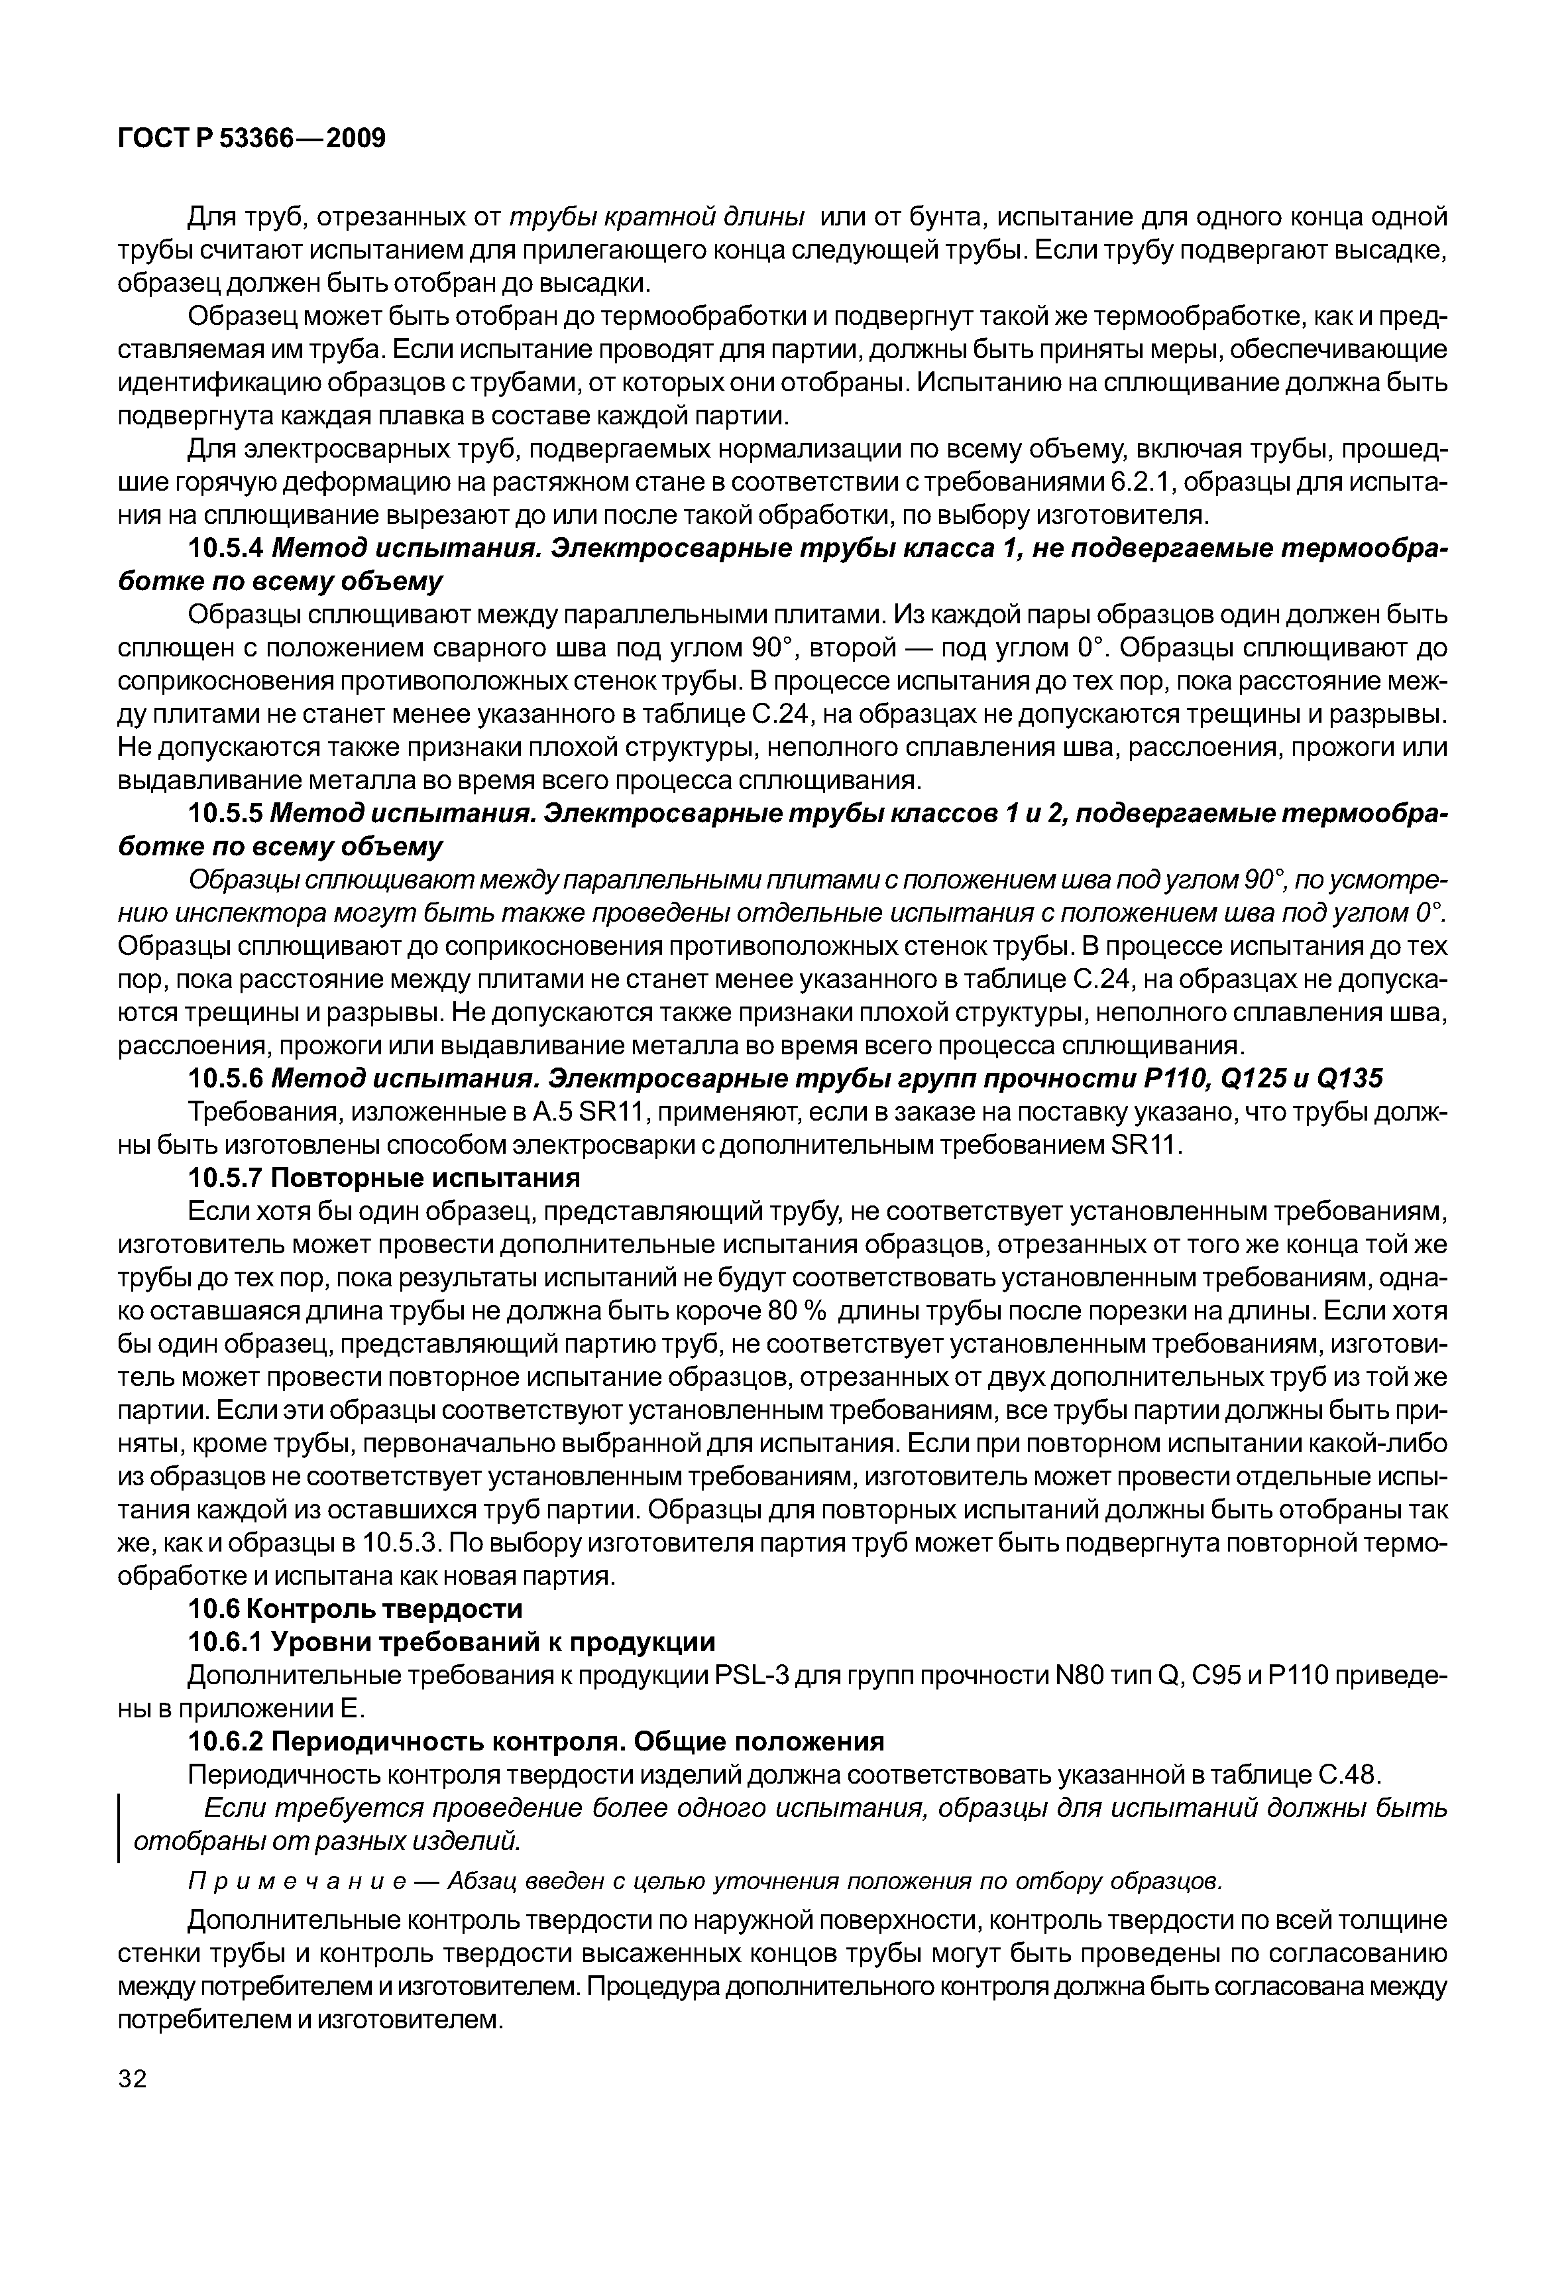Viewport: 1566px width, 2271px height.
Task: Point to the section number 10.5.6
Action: (227, 1079)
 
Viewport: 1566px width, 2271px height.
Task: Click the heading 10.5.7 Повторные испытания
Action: (384, 1177)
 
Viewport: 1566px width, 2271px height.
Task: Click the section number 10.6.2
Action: (227, 1741)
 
